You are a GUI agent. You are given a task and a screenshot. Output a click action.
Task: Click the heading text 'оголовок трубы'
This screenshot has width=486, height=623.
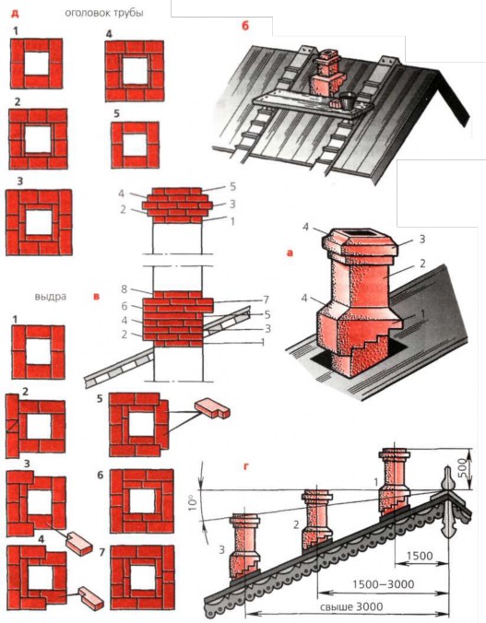pyautogui.click(x=104, y=13)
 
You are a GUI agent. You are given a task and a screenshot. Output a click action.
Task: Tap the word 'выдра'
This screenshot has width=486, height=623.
pyautogui.click(x=51, y=297)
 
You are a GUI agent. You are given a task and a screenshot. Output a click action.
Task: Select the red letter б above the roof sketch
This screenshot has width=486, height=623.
pyautogui.click(x=245, y=26)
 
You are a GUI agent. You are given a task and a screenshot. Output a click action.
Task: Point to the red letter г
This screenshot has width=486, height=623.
pyautogui.click(x=246, y=467)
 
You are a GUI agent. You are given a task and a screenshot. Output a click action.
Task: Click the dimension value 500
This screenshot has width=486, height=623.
pyautogui.click(x=461, y=469)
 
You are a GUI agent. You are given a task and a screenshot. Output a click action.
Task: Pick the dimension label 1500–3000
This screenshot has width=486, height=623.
pyautogui.click(x=383, y=584)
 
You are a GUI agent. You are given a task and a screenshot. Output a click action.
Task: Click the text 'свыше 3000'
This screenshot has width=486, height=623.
pyautogui.click(x=351, y=606)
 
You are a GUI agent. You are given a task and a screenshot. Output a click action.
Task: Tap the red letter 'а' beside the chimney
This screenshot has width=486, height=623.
pyautogui.click(x=290, y=253)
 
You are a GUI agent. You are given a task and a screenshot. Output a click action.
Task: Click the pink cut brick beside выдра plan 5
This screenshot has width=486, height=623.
pyautogui.click(x=212, y=409)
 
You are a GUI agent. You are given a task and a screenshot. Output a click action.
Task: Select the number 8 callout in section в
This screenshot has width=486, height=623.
pyautogui.click(x=124, y=288)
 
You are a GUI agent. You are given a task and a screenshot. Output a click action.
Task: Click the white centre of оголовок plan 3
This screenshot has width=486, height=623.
pyautogui.click(x=39, y=222)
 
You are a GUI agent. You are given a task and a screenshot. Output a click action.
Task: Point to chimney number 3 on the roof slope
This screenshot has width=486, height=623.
pyautogui.click(x=243, y=545)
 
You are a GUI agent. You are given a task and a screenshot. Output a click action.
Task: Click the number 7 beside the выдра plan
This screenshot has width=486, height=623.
pyautogui.click(x=101, y=552)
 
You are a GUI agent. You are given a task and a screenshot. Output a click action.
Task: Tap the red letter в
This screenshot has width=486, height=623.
pyautogui.click(x=96, y=297)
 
